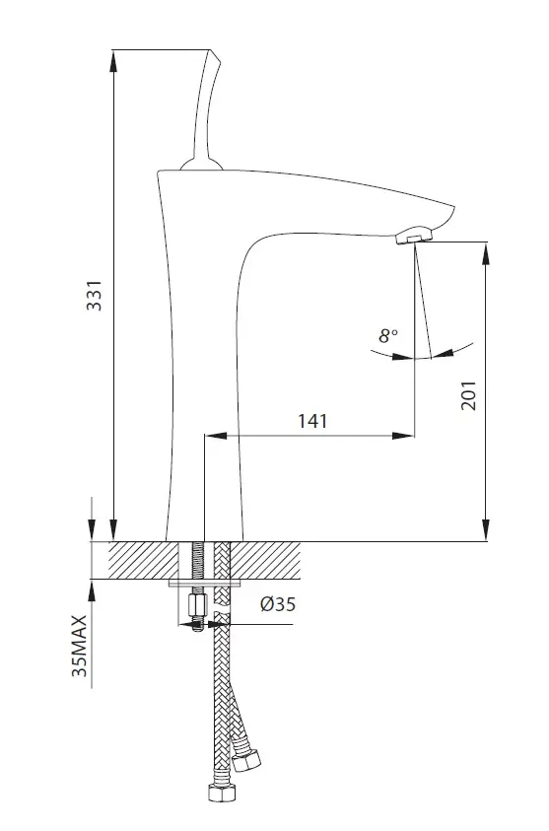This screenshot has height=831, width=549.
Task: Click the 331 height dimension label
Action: [95, 296]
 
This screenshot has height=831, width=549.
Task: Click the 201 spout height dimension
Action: [468, 395]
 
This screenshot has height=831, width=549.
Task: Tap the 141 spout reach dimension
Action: [312, 421]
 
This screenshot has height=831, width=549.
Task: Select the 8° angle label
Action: [388, 335]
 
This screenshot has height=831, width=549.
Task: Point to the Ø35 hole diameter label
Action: [278, 603]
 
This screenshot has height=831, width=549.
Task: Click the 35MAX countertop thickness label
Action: [79, 646]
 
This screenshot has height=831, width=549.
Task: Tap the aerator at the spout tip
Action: [414, 235]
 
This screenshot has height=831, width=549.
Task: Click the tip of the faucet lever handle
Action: [211, 51]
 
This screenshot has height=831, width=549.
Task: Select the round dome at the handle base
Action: [201, 165]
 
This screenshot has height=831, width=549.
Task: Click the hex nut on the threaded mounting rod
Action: [196, 604]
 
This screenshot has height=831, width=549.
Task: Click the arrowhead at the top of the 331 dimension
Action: [113, 61]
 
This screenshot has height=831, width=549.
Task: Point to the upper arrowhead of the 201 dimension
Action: [485, 253]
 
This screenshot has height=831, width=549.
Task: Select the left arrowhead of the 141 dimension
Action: [216, 436]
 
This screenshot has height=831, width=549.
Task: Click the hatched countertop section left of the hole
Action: [144, 560]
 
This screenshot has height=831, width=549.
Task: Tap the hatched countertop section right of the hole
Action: [265, 560]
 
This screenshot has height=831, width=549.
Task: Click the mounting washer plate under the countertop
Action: [205, 583]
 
